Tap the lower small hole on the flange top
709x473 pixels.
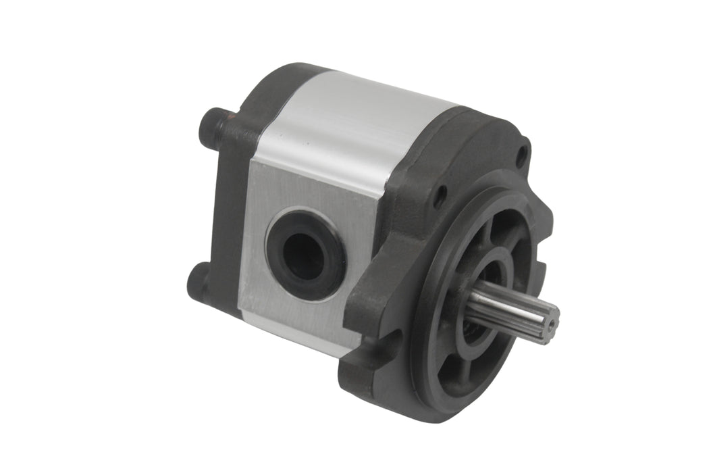click(x=440, y=197)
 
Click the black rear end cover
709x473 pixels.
click(x=226, y=203)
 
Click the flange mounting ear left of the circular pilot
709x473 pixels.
click(x=378, y=284)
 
